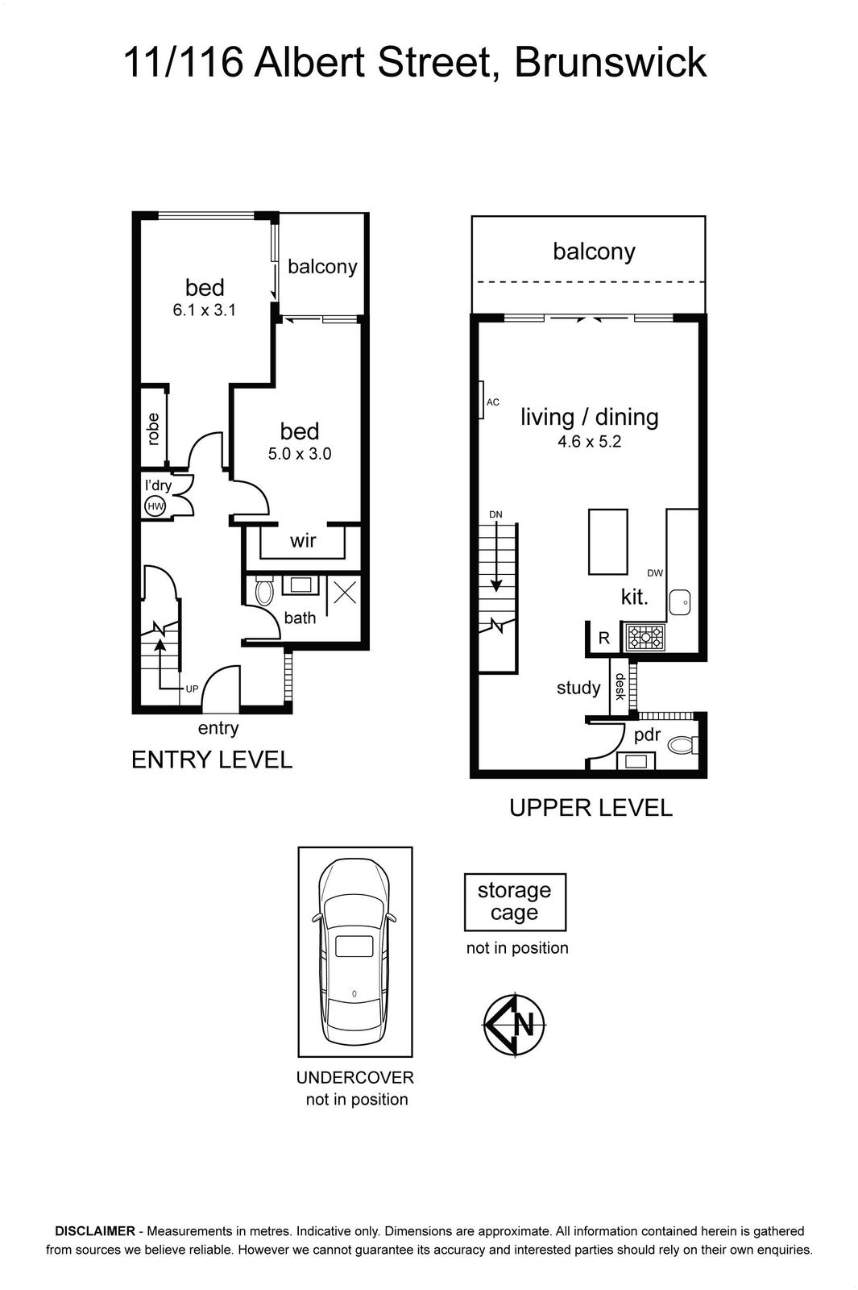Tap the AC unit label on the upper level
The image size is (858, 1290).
[x=492, y=402]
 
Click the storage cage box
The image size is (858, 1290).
[x=515, y=902]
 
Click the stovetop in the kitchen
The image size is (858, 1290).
[x=645, y=638]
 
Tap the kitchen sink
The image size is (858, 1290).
[x=680, y=601]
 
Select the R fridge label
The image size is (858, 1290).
[x=603, y=638]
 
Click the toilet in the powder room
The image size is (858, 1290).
[x=682, y=745]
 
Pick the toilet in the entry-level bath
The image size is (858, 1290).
[x=263, y=592]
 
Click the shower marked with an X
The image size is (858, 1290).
[x=344, y=592]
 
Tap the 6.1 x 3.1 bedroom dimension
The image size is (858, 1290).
[x=205, y=310]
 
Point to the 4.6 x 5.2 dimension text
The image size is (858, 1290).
[x=589, y=442]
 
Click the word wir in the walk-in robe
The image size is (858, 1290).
[x=303, y=540]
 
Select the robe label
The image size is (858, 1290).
[x=152, y=429]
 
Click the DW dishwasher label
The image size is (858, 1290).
[x=655, y=573]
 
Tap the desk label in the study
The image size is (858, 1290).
[x=620, y=686]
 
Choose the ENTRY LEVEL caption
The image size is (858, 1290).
[x=212, y=759]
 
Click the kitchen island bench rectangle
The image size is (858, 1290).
[x=607, y=541]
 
